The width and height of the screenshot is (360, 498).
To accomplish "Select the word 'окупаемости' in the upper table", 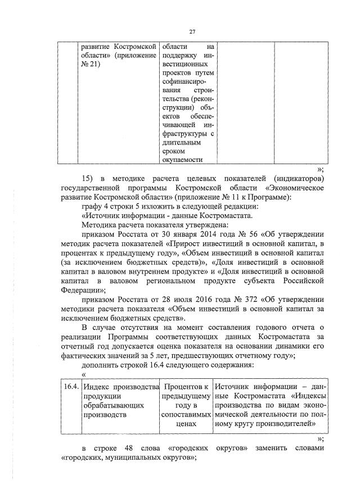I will tap(181, 160).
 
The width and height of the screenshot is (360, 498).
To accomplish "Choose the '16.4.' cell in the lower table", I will tap(70, 386).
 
